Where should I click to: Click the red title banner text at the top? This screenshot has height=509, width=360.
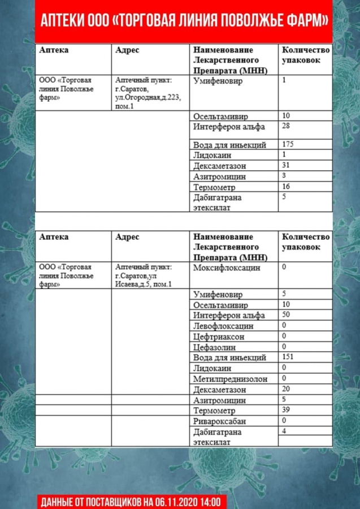(x=184, y=21)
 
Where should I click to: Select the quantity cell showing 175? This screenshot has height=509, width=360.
(x=288, y=144)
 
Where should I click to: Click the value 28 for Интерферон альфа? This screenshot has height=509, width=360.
(x=286, y=126)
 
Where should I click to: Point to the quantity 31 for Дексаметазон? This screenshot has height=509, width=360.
(x=286, y=165)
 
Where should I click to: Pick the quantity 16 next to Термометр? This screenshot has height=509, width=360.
(x=286, y=186)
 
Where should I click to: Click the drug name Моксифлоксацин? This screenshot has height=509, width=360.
(x=227, y=268)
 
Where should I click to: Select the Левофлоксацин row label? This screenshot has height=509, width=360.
(x=223, y=326)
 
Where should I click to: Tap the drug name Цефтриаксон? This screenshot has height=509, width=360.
(x=219, y=337)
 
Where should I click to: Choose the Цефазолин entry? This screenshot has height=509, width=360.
(x=214, y=347)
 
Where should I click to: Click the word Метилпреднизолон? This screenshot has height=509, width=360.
(x=230, y=378)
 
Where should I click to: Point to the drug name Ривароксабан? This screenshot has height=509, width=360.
(x=220, y=421)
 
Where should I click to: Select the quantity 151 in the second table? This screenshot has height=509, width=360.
(x=288, y=357)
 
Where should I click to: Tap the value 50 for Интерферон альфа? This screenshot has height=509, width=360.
(x=286, y=314)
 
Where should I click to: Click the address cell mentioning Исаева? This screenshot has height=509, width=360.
(x=144, y=276)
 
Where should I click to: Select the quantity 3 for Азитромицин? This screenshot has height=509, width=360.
(x=284, y=176)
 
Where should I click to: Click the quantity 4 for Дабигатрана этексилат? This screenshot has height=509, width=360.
(x=284, y=431)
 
